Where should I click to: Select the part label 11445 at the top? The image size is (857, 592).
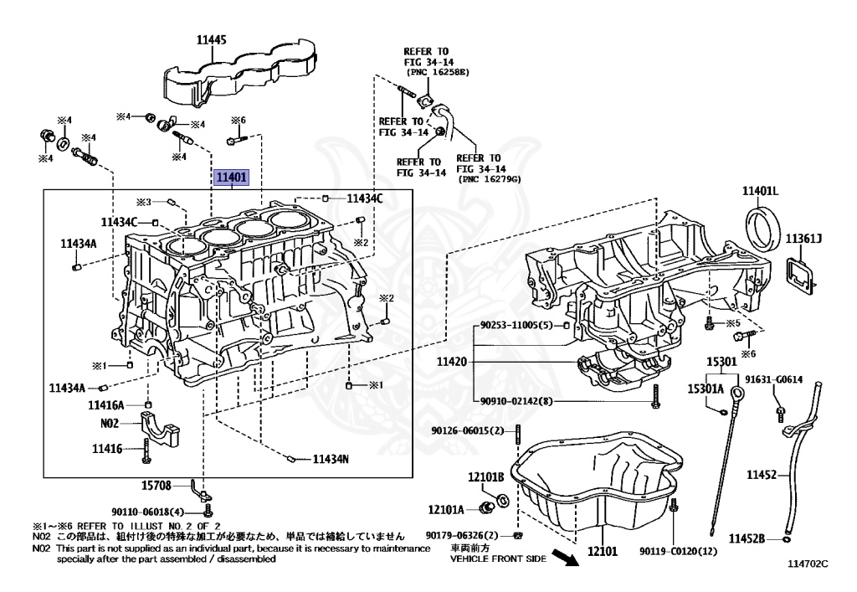213,39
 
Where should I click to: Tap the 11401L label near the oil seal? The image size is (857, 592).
759,192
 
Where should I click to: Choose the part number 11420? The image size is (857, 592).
453,363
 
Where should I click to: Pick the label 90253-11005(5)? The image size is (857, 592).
516,324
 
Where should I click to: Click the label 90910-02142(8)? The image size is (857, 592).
516,401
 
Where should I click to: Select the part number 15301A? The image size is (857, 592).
706,389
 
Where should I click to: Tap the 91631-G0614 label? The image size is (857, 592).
774,379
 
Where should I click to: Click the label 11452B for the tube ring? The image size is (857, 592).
747,538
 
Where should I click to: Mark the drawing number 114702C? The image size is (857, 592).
807,564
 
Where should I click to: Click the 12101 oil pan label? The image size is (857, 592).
602,552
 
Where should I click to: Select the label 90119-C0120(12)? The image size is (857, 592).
679,551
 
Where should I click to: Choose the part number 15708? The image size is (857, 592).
157,485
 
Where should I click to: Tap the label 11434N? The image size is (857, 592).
331,459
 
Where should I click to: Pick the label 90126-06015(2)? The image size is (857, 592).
468,430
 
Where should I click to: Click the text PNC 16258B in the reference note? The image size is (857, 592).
438,72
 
